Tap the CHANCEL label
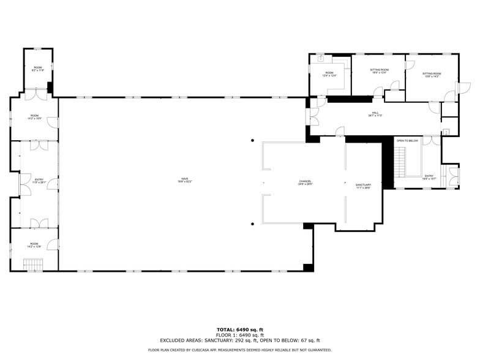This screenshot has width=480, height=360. [x=305, y=182]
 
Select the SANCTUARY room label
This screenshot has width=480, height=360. [x=364, y=186]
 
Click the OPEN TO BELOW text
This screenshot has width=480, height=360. [x=407, y=141]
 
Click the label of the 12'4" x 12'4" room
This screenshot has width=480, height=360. [x=329, y=74]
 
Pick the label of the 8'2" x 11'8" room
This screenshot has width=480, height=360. [x=38, y=69]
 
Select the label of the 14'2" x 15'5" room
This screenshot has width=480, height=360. [x=34, y=117]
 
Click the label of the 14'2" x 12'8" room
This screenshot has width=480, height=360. [x=34, y=245]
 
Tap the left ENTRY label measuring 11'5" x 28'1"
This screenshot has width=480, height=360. [x=39, y=181]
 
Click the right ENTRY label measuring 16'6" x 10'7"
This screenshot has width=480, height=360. [x=430, y=177]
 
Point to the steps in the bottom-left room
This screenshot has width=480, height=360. [x=34, y=264]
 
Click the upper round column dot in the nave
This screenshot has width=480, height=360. [x=252, y=141]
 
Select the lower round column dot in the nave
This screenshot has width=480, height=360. [x=252, y=224]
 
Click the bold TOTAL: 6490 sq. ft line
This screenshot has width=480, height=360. [x=239, y=329]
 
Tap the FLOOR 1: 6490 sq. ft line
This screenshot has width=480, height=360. [x=239, y=335]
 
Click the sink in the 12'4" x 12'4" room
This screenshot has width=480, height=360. [x=320, y=59]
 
